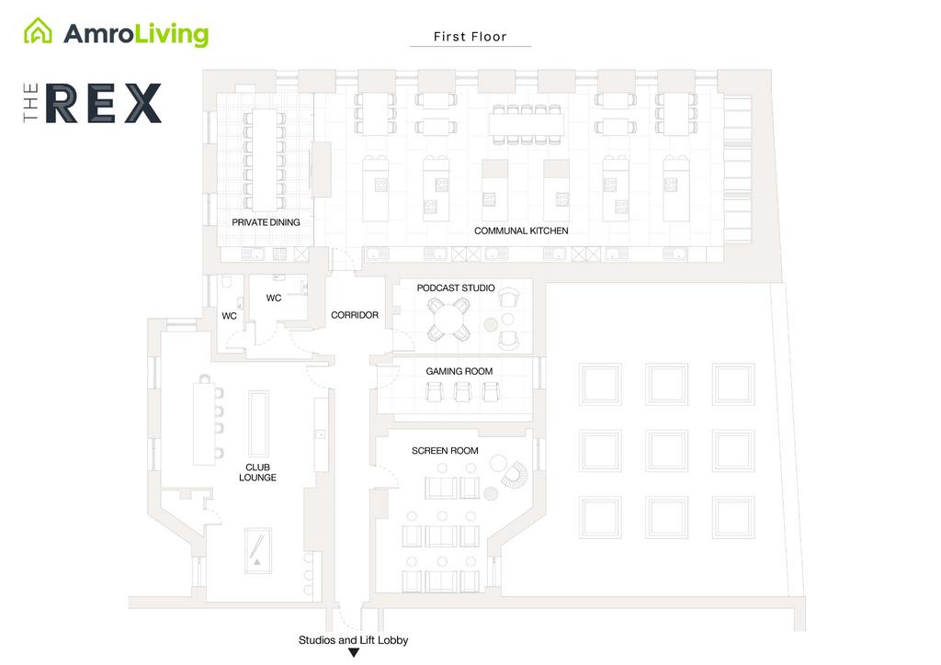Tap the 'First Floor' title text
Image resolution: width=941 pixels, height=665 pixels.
[x=470, y=37]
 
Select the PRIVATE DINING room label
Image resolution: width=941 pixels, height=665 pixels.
[x=266, y=222]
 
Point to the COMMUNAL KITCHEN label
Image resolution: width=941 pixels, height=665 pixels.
[x=521, y=231]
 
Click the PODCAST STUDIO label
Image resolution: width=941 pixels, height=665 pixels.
[x=456, y=288]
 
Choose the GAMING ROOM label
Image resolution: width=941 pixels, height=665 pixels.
[x=459, y=371]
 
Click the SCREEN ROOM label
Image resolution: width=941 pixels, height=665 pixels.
[x=445, y=451]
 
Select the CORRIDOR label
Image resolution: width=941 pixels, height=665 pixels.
[x=355, y=315]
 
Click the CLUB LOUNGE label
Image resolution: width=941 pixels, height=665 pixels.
[x=257, y=472]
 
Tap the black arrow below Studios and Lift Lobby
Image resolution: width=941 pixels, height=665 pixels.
[x=353, y=653]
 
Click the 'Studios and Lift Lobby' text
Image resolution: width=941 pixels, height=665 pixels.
[x=353, y=640]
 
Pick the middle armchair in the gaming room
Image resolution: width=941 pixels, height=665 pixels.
[x=461, y=391]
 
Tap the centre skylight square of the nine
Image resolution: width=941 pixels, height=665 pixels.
[x=666, y=450]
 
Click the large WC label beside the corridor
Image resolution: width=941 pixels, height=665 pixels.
[x=273, y=298]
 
